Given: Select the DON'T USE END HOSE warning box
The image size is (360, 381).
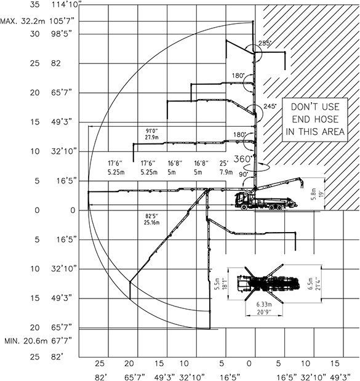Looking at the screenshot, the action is [x=315, y=119].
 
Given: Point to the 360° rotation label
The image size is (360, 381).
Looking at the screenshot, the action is [x=242, y=159].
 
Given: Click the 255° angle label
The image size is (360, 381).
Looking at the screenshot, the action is [x=265, y=43].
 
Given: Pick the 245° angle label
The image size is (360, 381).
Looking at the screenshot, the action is [x=270, y=106].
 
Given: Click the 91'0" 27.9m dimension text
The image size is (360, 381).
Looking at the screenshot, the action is [x=152, y=134].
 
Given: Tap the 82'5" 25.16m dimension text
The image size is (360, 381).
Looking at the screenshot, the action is [x=152, y=219].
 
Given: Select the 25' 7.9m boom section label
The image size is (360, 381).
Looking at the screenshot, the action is [x=226, y=167].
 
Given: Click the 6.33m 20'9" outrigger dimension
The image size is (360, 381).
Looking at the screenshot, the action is [x=264, y=308].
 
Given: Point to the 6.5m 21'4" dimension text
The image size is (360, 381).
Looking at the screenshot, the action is [x=314, y=284].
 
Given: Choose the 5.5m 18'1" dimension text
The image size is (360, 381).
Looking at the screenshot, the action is [x=221, y=284].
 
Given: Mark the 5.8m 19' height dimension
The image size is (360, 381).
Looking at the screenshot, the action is [x=318, y=194].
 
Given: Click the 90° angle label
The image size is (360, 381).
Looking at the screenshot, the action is [x=244, y=174].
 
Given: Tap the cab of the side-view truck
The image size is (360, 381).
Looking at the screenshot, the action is [x=241, y=201].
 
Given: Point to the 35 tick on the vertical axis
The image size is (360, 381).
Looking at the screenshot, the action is [x=34, y=4].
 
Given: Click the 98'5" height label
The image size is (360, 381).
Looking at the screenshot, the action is [x=62, y=34].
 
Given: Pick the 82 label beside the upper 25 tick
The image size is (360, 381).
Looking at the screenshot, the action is [x=55, y=63].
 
